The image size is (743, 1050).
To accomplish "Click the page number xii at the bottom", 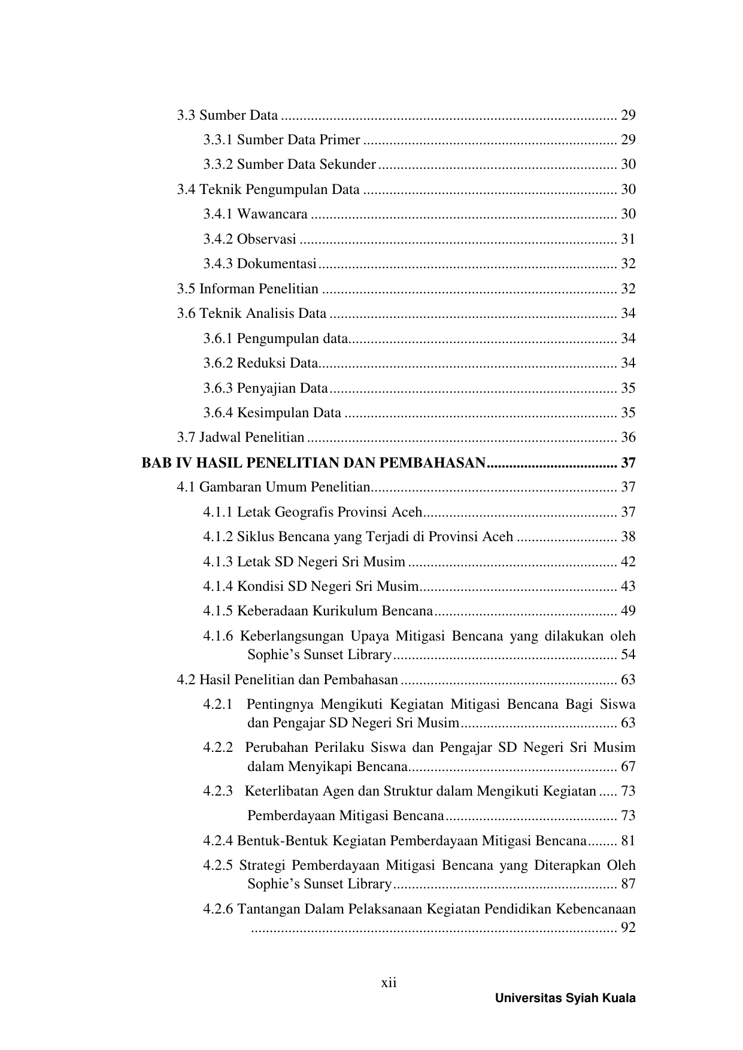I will click(389, 983).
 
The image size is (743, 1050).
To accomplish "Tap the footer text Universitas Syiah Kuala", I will click(565, 999).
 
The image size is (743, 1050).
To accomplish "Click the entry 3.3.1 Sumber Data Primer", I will click(281, 140).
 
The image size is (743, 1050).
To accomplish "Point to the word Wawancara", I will click(272, 214).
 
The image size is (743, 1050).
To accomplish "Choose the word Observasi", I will click(266, 239).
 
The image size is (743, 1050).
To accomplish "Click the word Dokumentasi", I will click(277, 264).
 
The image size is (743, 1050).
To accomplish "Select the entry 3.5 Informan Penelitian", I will click(247, 289).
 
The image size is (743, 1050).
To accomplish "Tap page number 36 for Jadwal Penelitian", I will click(628, 438).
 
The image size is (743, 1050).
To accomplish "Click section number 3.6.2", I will click(218, 363).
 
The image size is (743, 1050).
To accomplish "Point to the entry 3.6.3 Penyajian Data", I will click(265, 389).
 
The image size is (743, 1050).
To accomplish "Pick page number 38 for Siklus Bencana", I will click(628, 537).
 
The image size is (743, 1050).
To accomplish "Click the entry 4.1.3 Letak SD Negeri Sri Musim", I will click(304, 562).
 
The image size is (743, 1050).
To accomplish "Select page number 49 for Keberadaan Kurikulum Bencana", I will click(628, 611).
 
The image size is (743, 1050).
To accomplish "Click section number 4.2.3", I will click(218, 791).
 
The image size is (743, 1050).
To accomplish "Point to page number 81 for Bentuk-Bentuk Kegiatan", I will click(628, 841).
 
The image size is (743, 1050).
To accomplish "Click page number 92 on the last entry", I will click(628, 929).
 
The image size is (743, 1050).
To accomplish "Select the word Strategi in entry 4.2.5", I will click(263, 866).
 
